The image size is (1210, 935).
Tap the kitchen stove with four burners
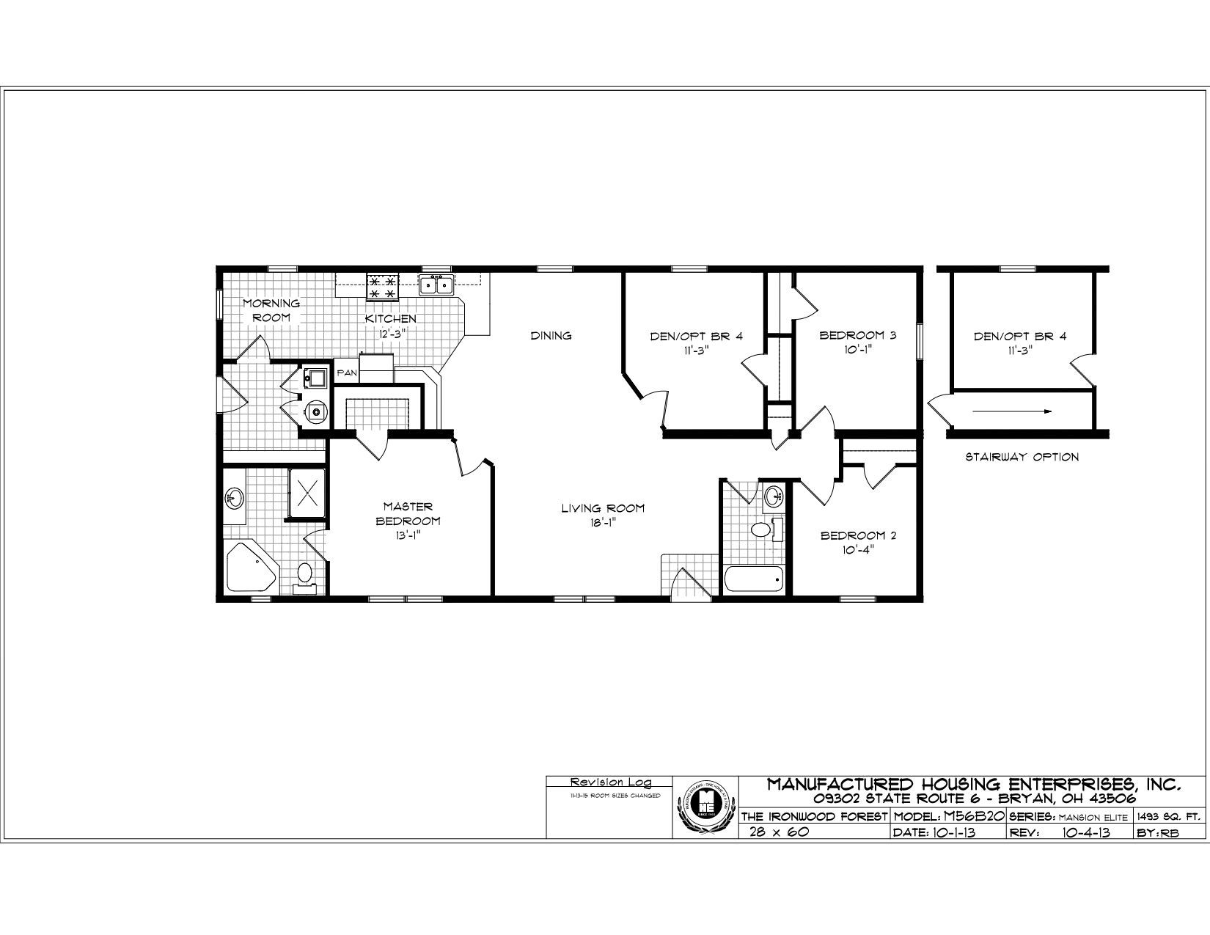(382, 287)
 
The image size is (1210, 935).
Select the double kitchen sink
(435, 284)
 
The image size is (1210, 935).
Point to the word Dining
(551, 336)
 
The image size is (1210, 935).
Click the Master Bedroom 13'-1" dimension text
(408, 535)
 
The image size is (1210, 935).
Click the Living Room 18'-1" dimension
(603, 522)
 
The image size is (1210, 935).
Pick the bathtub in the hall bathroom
(754, 580)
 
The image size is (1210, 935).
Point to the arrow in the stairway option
(1012, 411)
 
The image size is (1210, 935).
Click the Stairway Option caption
(1022, 457)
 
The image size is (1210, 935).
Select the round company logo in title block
(703, 807)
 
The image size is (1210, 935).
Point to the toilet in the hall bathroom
(763, 529)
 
